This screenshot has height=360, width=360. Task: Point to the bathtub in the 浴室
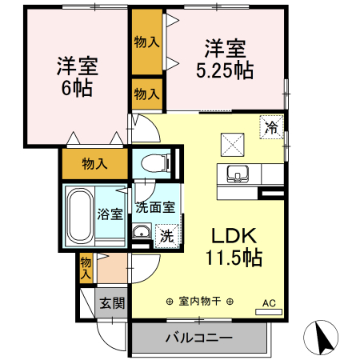click(80, 216)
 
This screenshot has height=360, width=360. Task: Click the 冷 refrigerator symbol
click(272, 126)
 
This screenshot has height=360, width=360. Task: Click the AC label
click(269, 303)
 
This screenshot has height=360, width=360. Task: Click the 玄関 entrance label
click(112, 303)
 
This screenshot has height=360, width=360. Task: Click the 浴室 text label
click(110, 214)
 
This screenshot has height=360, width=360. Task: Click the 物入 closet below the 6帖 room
click(94, 164)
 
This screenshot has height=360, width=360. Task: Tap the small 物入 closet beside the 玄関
click(86, 266)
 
